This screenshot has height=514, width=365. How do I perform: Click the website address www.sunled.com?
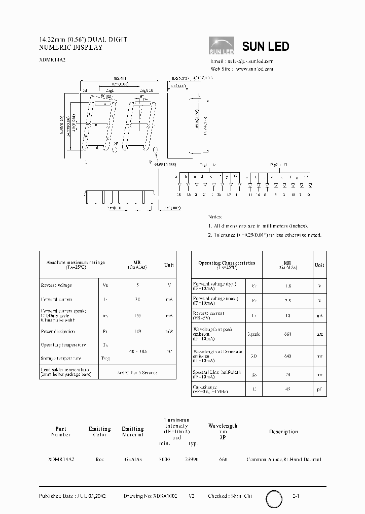point(254,69)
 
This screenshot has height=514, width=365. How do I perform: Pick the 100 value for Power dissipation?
point(137,331)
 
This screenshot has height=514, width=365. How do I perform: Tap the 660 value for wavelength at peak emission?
point(287,334)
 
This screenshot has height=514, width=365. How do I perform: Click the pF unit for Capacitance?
point(319,390)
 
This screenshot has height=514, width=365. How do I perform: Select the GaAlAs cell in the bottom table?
point(133,459)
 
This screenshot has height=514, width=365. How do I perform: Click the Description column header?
point(283,432)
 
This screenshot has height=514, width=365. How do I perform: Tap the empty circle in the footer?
point(274,499)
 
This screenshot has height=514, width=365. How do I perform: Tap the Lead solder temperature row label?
point(66,372)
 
